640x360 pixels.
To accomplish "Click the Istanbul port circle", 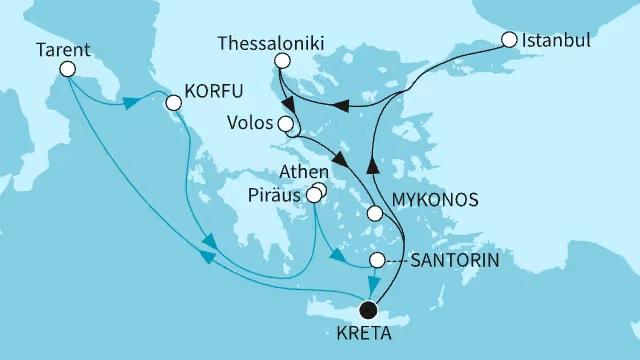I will [x=509, y=40].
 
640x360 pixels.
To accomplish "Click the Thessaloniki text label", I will [x=276, y=44].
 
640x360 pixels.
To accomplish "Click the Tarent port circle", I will [x=68, y=69].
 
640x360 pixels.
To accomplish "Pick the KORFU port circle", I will [x=173, y=102].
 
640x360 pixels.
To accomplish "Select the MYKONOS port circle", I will [x=375, y=213].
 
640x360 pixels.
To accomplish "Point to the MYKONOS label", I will [x=434, y=199].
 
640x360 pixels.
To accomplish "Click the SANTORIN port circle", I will [x=377, y=260].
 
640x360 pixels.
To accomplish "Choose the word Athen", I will [x=300, y=171].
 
